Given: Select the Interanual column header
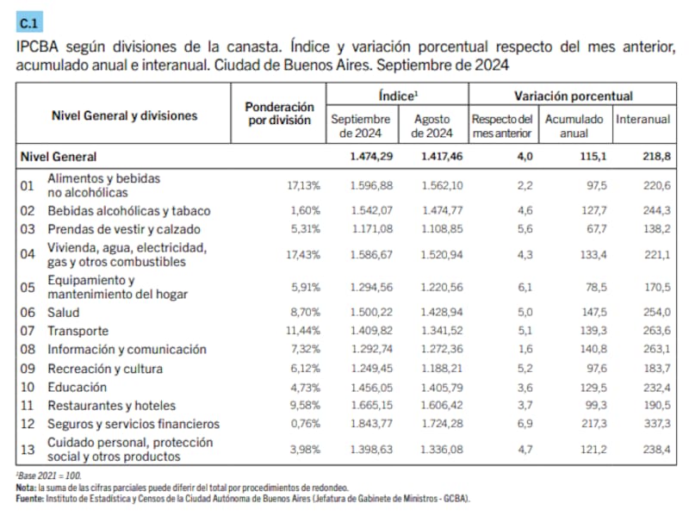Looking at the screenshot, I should tap(642, 119).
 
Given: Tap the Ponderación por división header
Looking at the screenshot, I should tap(279, 113).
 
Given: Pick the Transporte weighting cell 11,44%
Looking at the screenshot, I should tap(303, 331).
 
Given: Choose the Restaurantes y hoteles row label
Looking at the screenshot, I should tap(111, 405).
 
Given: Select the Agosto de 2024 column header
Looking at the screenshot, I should tap(432, 126).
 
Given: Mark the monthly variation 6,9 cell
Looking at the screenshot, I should tap(525, 424).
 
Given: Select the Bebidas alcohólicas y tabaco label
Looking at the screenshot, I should tap(129, 210).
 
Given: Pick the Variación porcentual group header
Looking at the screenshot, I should tap(573, 96).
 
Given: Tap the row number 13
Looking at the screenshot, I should tap(27, 449).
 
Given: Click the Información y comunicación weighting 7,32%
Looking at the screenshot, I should tap(305, 350).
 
